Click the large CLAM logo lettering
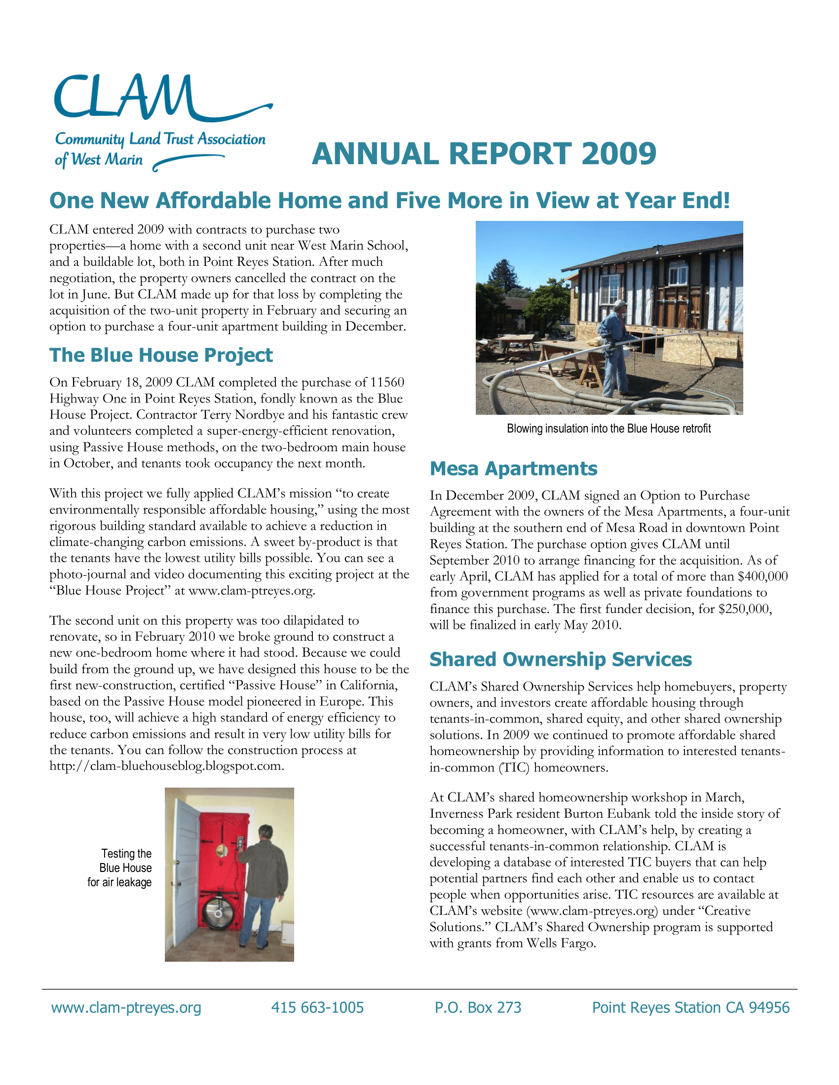coord(124,97)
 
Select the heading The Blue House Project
coord(161,356)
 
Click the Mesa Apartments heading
coord(513,469)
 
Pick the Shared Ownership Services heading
coord(561,659)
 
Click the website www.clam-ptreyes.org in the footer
coord(126,1008)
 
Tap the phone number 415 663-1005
coord(318,1008)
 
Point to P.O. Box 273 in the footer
coord(478,1008)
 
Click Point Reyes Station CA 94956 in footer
coord(691,1008)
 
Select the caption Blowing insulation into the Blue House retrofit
coord(609,429)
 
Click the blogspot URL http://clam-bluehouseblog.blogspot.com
coord(167,766)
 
